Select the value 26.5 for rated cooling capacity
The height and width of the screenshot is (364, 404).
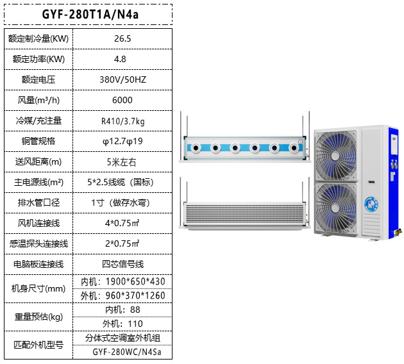point(122,38)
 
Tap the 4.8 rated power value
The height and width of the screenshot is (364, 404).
point(122,59)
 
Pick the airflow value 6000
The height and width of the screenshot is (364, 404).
point(122,100)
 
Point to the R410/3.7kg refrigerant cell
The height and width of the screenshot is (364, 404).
point(122,120)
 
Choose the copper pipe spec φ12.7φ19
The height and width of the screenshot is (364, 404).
point(122,141)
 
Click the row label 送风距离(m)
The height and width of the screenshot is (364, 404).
point(38,161)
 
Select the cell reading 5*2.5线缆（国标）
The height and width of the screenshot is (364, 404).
point(122,182)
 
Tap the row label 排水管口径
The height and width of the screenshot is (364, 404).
point(38,203)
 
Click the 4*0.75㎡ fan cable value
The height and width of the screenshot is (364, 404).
point(122,223)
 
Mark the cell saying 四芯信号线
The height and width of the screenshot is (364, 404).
point(122,263)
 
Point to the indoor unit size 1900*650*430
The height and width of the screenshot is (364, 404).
point(122,282)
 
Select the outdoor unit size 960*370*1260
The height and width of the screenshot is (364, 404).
point(122,295)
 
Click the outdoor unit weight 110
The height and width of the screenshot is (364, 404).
point(122,324)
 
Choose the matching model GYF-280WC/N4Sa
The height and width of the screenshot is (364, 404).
point(122,352)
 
